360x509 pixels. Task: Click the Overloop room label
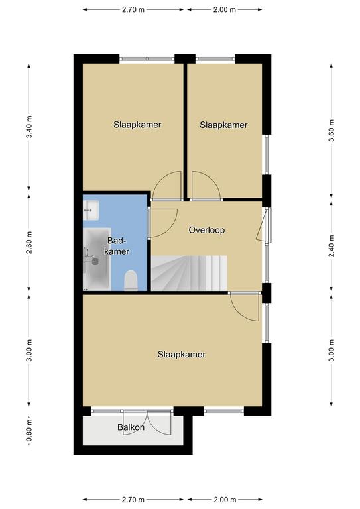pyautogui.click(x=206, y=230)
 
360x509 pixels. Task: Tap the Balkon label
pyautogui.click(x=131, y=427)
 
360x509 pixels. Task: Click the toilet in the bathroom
pyautogui.click(x=131, y=280)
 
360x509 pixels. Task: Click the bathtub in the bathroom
pyautogui.click(x=97, y=259)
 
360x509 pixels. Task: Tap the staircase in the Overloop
pyautogui.click(x=189, y=273)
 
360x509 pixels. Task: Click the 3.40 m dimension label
pyautogui.click(x=29, y=127)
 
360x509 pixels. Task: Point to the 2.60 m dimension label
pyautogui.click(x=29, y=243)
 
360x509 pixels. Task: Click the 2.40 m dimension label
pyautogui.click(x=331, y=246)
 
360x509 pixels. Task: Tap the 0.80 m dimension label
pyautogui.click(x=29, y=431)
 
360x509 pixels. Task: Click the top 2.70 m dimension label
pyautogui.click(x=133, y=9)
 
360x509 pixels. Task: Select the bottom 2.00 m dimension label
pyautogui.click(x=225, y=500)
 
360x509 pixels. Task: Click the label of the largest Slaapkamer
pyautogui.click(x=182, y=354)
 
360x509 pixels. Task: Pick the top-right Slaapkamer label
pyautogui.click(x=223, y=125)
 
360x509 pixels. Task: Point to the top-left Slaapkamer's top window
pyautogui.click(x=147, y=59)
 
